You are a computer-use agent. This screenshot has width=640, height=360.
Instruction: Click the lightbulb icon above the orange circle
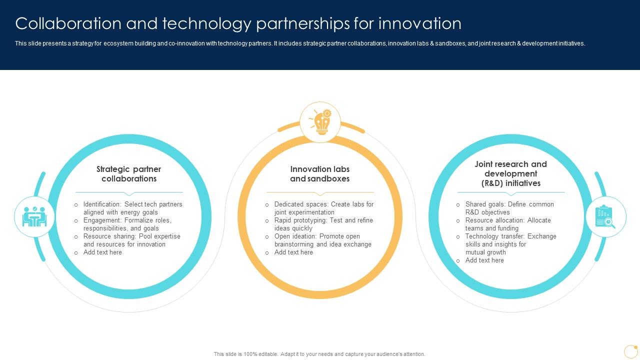tap(320, 122)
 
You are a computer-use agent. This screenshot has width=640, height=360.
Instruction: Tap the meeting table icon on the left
tap(34, 217)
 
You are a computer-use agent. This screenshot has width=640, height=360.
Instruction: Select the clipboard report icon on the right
tap(605, 217)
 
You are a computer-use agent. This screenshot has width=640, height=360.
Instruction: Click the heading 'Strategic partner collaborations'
tap(129, 174)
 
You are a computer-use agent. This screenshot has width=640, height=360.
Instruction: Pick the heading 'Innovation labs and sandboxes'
tap(320, 174)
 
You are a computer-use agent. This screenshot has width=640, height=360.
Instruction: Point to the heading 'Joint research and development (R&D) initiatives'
tap(510, 173)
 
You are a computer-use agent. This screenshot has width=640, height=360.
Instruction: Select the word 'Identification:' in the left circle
tap(102, 204)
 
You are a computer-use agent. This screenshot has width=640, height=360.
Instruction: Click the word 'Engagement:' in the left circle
tap(102, 220)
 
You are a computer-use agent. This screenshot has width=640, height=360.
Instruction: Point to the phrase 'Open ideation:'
tap(295, 236)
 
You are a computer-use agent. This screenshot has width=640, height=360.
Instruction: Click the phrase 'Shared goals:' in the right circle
tap(485, 204)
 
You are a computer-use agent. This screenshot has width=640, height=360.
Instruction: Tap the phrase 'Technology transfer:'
tap(495, 236)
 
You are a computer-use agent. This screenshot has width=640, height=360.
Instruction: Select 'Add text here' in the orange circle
tap(293, 252)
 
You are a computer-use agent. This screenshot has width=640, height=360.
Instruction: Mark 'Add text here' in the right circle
tap(484, 260)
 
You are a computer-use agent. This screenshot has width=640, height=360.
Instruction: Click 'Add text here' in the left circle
tap(102, 252)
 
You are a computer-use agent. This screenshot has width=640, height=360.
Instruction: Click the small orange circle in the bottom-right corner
tap(630, 351)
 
